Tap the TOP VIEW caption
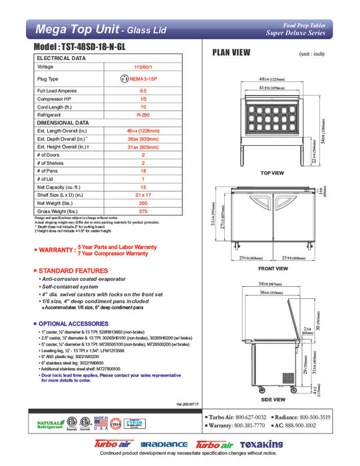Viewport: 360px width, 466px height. (271, 172)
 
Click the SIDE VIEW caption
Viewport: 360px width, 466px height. (272, 399)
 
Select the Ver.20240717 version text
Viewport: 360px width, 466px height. (189, 403)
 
